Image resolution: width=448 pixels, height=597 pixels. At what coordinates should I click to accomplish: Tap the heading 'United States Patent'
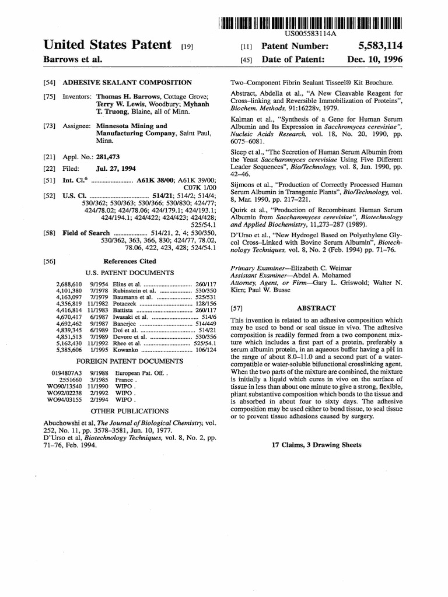coord(108,45)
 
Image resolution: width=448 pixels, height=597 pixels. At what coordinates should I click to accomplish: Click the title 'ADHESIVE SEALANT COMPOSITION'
coord(127,83)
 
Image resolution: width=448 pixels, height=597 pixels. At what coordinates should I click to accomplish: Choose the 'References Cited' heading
coord(129,262)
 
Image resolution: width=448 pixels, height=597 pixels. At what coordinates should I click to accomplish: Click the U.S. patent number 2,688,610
coord(68,283)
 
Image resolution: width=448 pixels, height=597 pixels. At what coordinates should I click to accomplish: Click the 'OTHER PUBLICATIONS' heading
coord(129,410)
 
